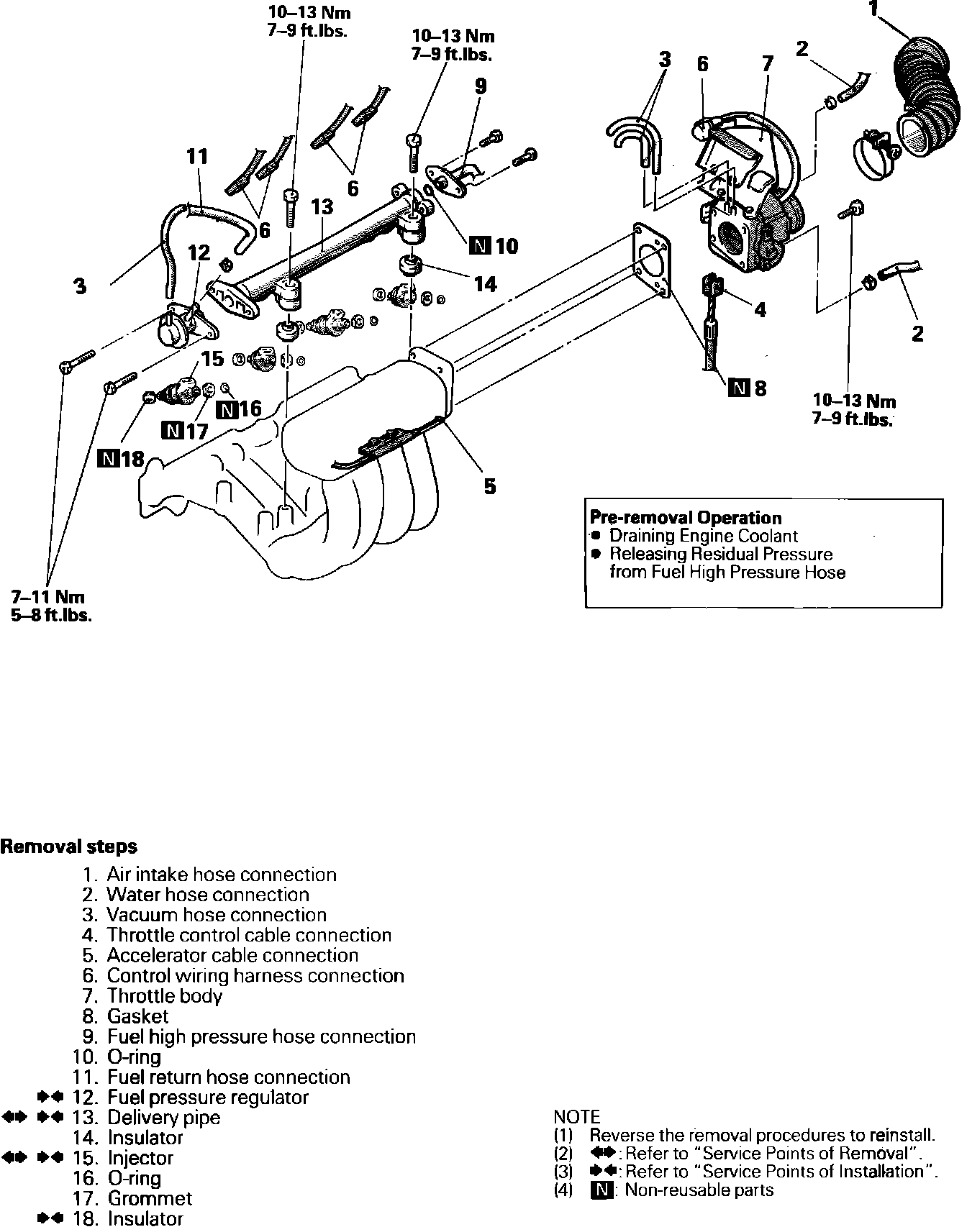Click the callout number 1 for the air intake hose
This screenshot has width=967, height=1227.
tap(873, 9)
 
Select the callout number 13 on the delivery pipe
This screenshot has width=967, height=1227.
tap(322, 207)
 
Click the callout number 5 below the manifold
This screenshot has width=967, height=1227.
tap(489, 486)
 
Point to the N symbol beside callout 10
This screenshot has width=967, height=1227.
tap(478, 246)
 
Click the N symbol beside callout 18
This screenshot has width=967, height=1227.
tap(108, 458)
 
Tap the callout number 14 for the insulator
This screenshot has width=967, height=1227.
tap(486, 284)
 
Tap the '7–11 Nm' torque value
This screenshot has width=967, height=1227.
tap(47, 596)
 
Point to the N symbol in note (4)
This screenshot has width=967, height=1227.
tap(603, 1190)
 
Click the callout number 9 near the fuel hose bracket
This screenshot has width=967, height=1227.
tap(481, 86)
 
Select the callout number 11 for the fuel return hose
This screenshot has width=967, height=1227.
tap(197, 156)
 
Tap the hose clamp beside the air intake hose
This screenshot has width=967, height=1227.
tap(873, 150)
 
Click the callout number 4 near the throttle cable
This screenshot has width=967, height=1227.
tap(760, 309)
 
